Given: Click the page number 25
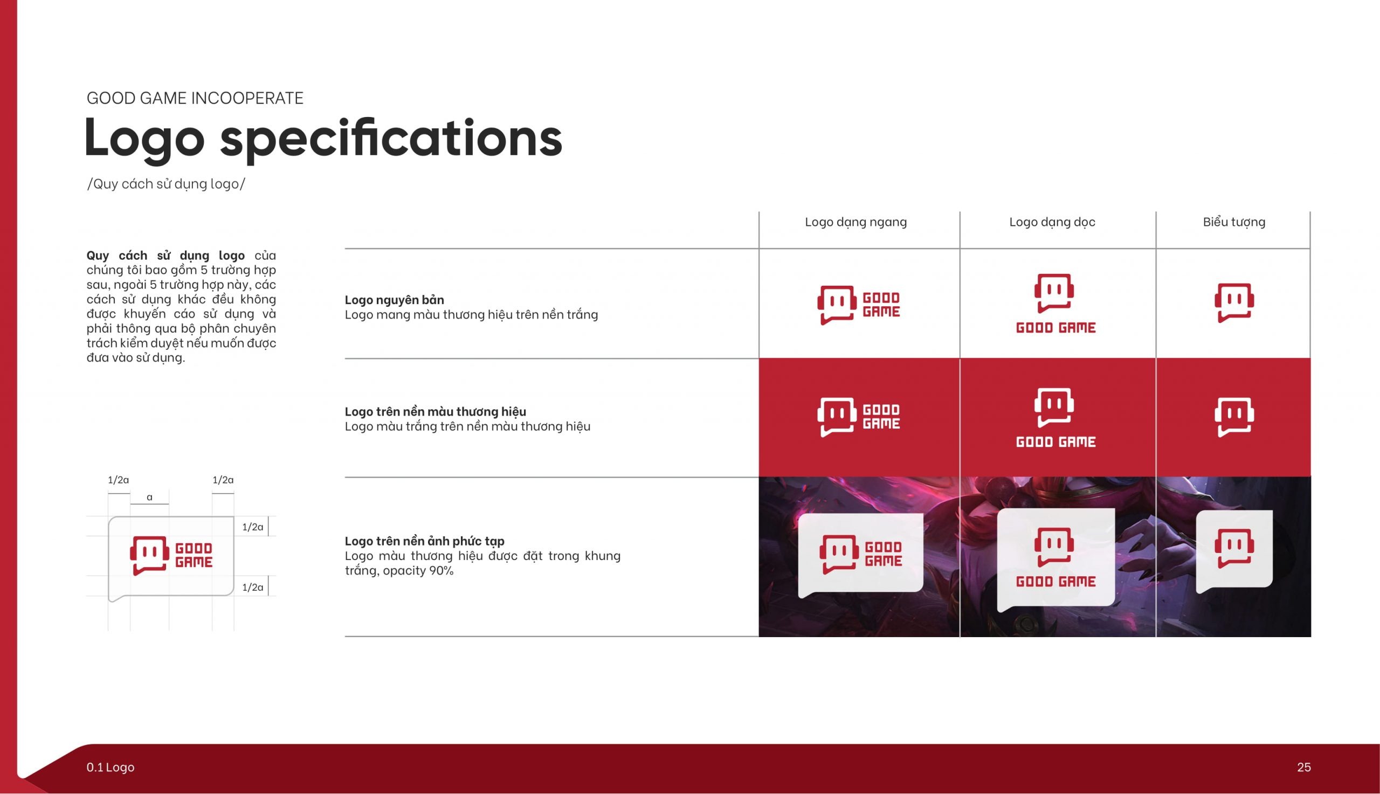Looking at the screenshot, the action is (x=1303, y=767).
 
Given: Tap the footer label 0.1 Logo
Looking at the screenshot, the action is (x=110, y=767).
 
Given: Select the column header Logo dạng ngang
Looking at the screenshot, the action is (x=855, y=222).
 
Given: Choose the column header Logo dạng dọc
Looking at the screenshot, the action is (x=1052, y=222).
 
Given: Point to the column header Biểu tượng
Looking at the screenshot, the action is (x=1234, y=222).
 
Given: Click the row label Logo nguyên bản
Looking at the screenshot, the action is (x=394, y=300).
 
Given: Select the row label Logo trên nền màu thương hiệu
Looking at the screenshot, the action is (x=435, y=412).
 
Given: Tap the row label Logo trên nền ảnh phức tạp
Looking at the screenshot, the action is (x=424, y=541).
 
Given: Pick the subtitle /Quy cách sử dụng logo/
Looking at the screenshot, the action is (x=165, y=184).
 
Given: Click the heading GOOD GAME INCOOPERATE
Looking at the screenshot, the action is (x=195, y=98).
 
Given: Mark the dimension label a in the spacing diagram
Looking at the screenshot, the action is (x=149, y=498).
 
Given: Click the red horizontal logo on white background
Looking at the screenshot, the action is (x=858, y=305).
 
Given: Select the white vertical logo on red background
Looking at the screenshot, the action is (x=1055, y=418).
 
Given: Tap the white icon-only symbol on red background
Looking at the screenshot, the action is (x=1234, y=417).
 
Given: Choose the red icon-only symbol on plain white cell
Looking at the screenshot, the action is (x=1234, y=302).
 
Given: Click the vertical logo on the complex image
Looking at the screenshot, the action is (x=1055, y=557).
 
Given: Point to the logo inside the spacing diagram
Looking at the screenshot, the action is (x=171, y=556).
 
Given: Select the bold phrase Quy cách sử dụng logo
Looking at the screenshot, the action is (x=165, y=256).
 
